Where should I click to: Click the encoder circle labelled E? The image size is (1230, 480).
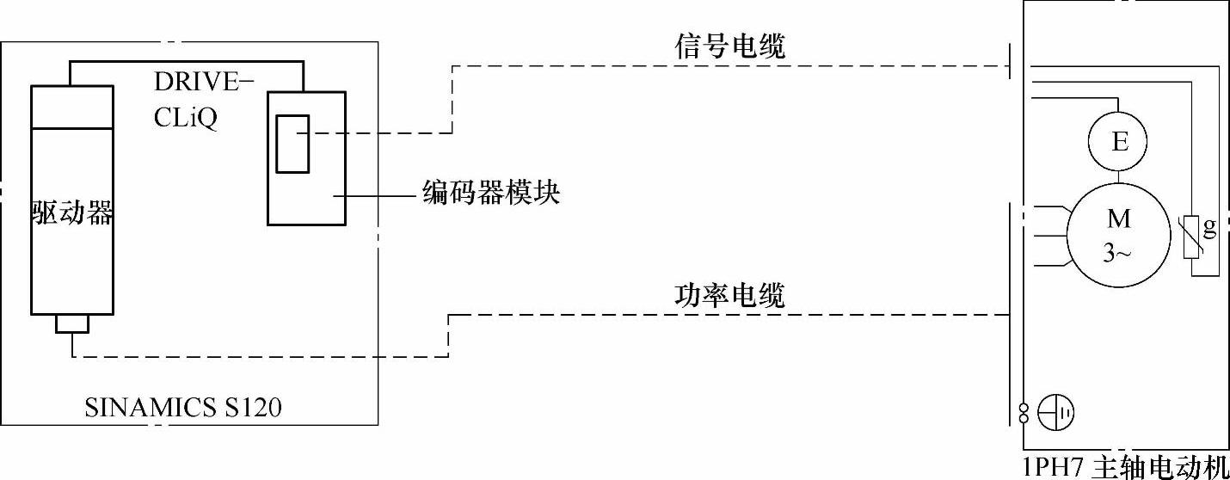(1119, 142)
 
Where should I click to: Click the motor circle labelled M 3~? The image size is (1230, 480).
(1118, 233)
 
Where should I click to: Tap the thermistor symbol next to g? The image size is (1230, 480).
(1192, 236)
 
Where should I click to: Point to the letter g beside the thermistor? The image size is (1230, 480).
(1210, 229)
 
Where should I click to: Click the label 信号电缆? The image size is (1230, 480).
(729, 47)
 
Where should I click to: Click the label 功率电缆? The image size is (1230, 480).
(729, 297)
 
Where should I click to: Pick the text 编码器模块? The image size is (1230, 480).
(491, 193)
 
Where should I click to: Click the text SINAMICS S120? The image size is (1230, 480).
(183, 408)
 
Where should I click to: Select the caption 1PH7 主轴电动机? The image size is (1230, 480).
(1125, 468)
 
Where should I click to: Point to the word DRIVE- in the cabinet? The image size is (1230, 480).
(204, 83)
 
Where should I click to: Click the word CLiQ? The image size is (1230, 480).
(185, 118)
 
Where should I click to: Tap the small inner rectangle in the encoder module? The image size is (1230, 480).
(292, 143)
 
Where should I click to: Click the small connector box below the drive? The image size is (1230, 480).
(72, 323)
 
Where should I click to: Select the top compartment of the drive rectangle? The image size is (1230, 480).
(71, 107)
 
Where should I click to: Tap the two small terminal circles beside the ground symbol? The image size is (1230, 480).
(1024, 413)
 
